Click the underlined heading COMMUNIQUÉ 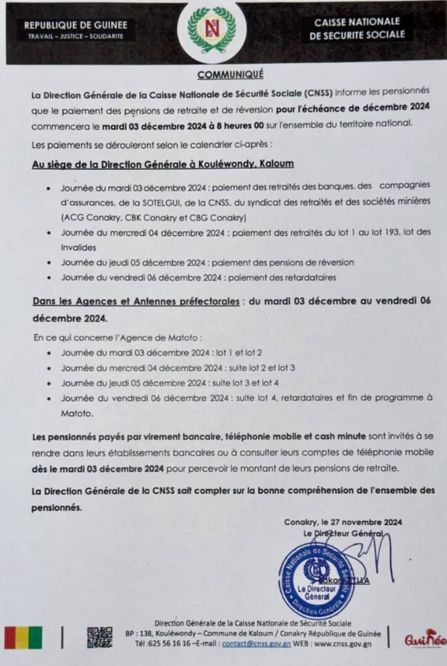point(230,75)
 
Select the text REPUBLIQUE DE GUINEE point(76,25)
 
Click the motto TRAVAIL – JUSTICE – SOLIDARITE point(76,36)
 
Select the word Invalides point(78,247)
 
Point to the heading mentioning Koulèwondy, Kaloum point(163,164)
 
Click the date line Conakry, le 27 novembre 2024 point(343,522)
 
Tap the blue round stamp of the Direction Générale point(316,580)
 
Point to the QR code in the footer point(99,637)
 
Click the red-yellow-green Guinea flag point(23,638)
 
